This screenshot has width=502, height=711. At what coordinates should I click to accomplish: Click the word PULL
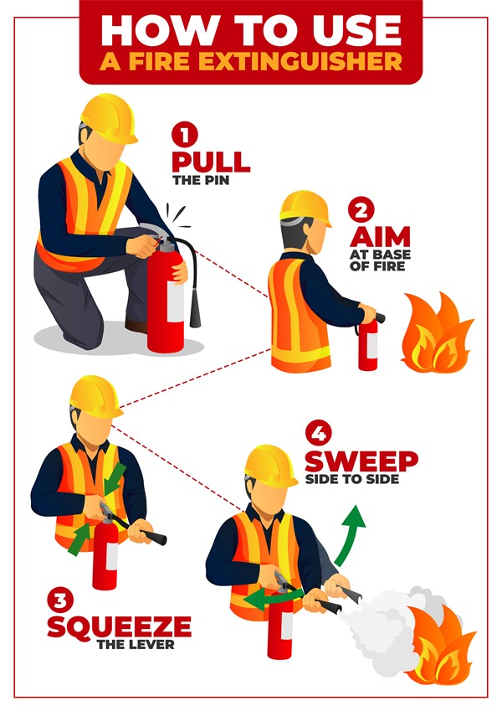coord(210,160)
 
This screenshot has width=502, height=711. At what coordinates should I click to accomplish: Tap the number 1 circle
coord(184,134)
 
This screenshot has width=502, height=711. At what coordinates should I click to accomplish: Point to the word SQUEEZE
coord(119,625)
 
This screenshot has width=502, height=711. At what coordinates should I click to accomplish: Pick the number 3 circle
coord(60,600)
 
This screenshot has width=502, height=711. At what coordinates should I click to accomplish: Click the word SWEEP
coord(361,460)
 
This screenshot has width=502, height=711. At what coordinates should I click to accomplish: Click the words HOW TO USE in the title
coord(250,29)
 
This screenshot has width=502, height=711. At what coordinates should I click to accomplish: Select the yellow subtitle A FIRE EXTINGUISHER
coord(250,62)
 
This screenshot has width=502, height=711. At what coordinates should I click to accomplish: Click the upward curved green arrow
coord(348,534)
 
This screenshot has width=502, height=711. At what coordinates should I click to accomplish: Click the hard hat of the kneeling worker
coord(109,118)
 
